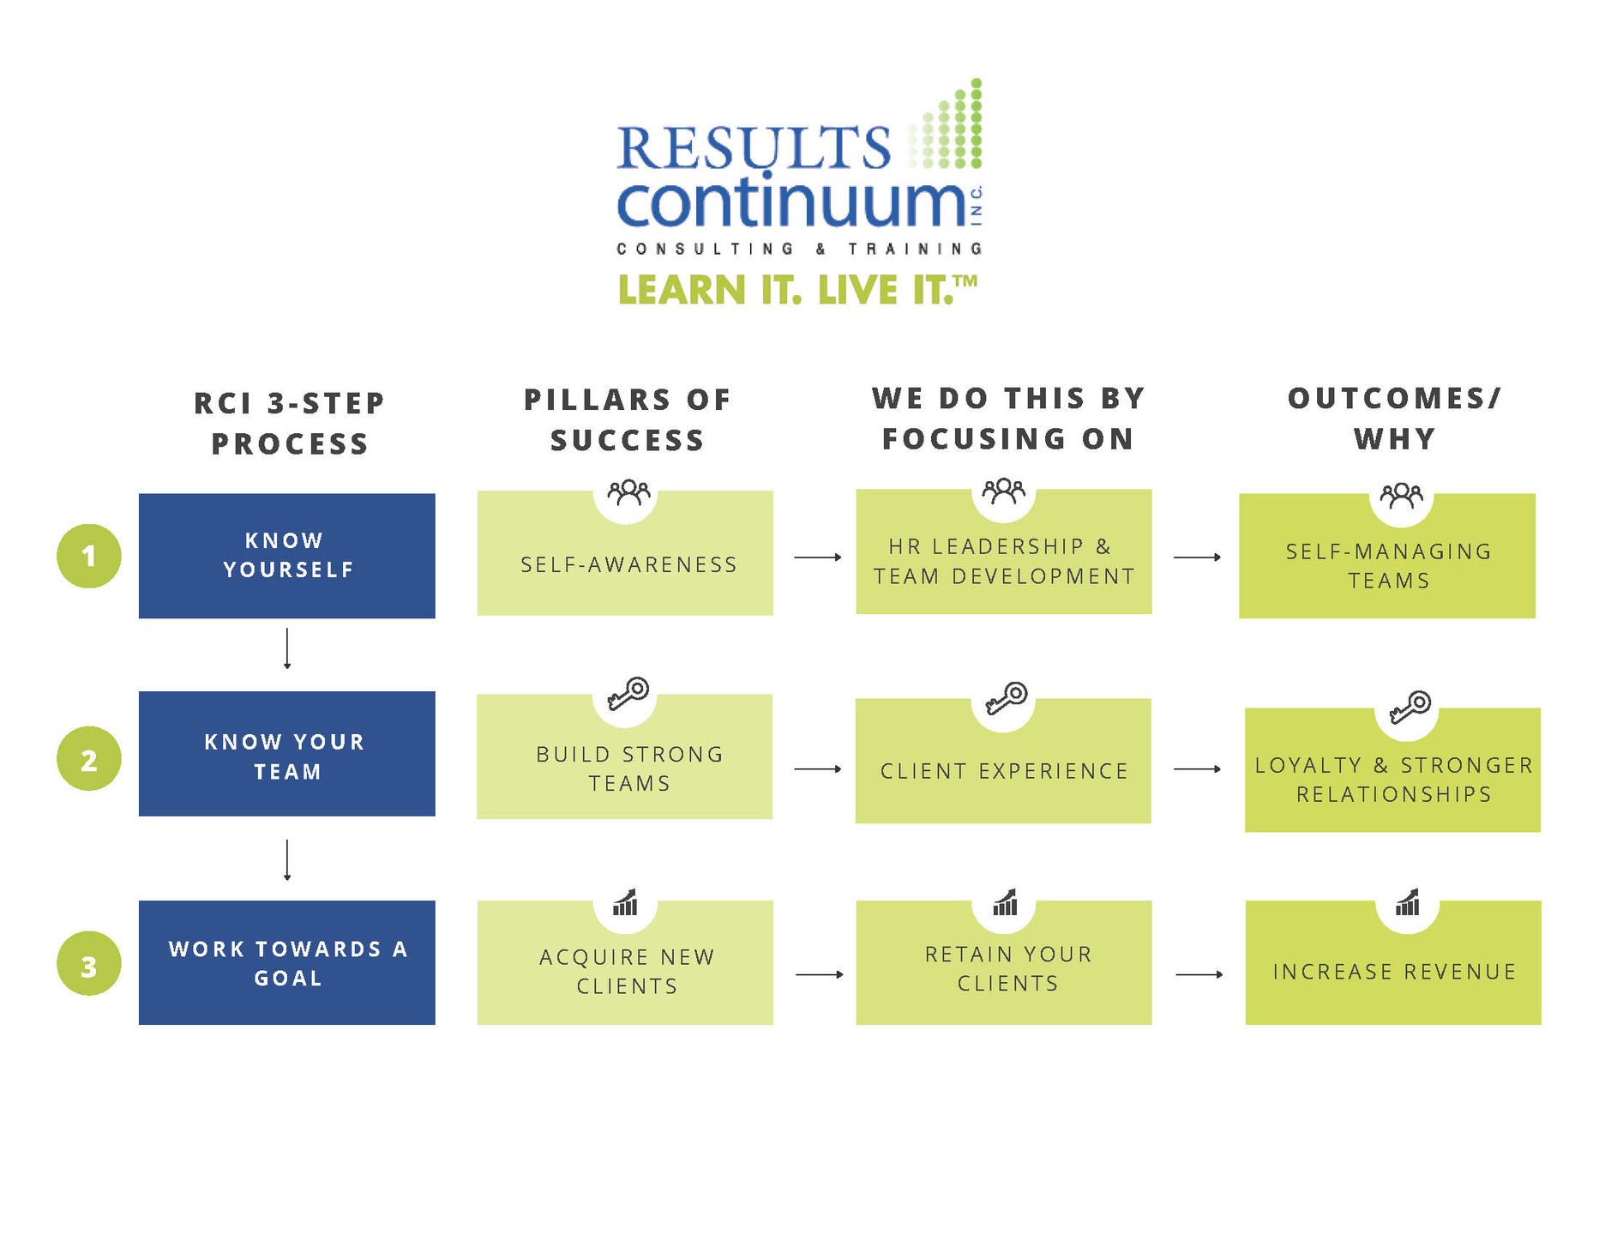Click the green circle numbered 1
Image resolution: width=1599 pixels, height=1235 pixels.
88,556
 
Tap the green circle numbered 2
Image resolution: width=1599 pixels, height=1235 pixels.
88,759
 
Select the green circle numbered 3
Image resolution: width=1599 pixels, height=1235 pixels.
88,964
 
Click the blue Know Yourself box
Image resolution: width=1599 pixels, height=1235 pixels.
287,556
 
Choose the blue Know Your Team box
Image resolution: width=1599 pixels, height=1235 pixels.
287,754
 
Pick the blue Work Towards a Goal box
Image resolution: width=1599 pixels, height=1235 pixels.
287,962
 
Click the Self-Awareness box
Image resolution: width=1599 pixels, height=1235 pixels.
625,553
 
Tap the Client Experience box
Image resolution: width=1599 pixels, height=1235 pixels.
1003,762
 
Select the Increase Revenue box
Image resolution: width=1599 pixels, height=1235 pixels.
1393,962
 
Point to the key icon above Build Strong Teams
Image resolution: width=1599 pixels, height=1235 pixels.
628,694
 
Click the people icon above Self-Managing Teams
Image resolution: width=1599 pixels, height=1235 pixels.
1401,496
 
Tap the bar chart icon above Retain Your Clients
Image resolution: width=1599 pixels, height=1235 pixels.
1005,902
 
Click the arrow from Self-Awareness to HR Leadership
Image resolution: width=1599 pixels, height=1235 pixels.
818,557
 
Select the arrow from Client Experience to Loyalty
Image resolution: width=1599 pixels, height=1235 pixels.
1198,769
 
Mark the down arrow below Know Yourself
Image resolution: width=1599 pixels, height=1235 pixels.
287,648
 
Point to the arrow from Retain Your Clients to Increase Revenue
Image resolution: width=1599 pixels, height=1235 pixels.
1199,974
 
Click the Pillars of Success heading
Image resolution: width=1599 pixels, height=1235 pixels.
628,419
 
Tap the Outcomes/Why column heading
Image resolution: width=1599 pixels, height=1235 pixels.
1395,419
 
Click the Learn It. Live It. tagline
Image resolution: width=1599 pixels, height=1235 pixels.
797,290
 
